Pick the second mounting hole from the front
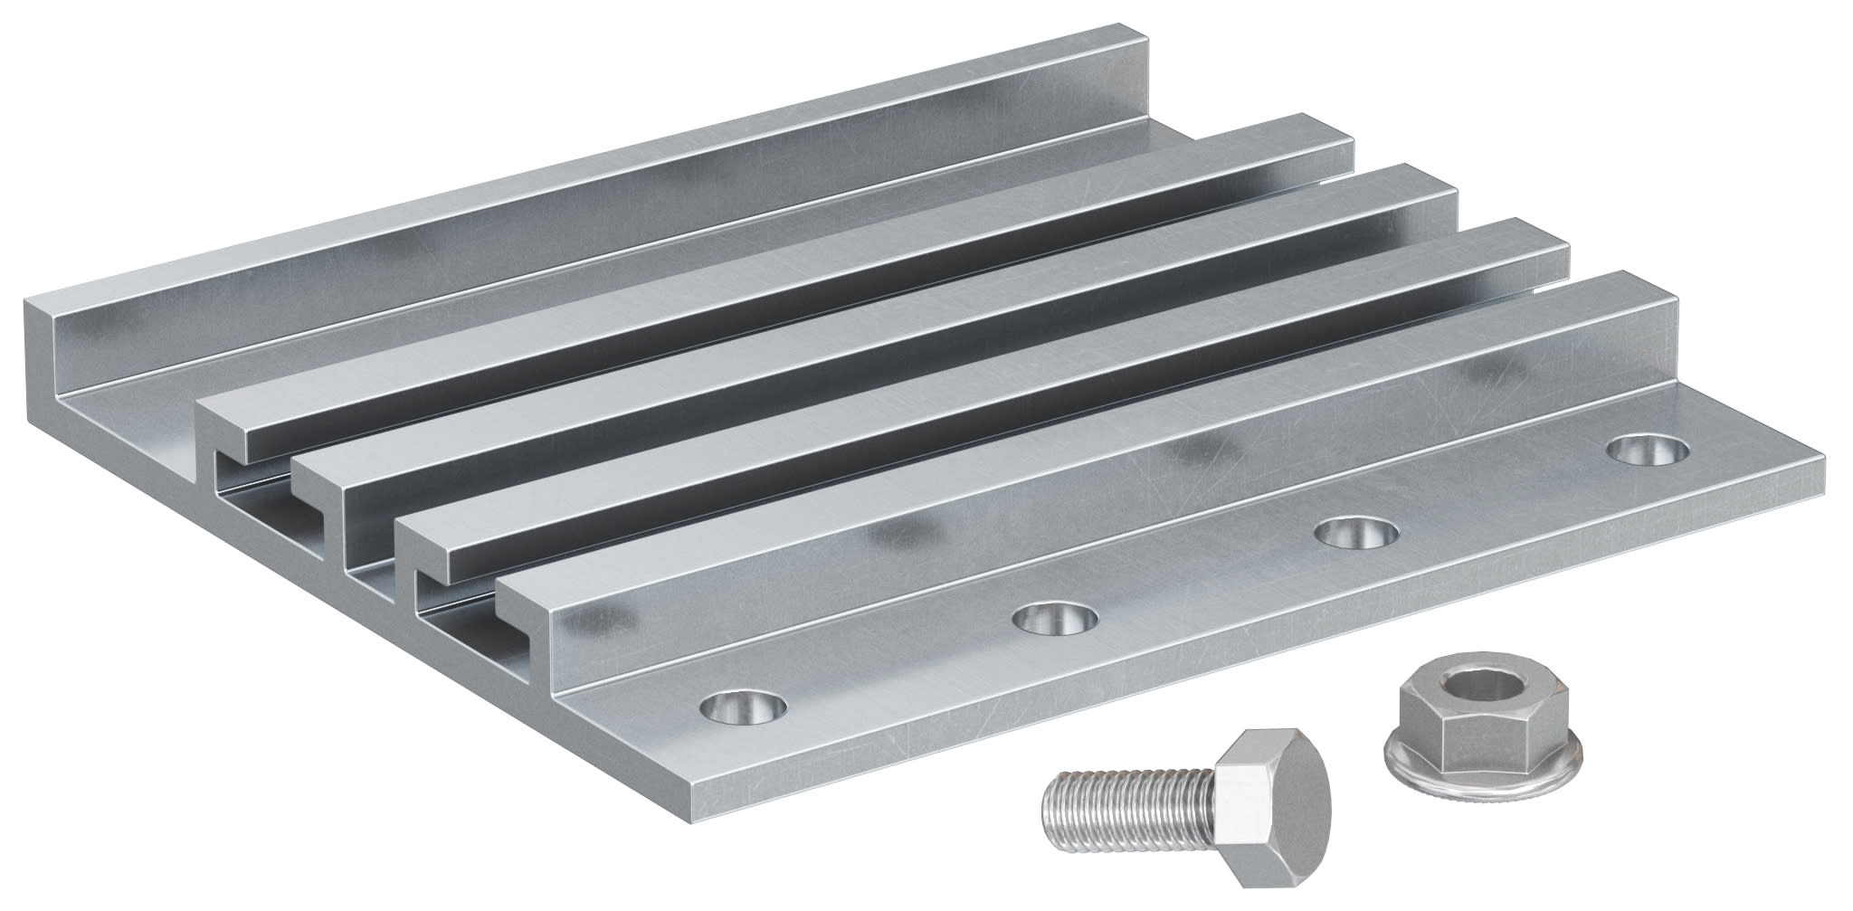1055,620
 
